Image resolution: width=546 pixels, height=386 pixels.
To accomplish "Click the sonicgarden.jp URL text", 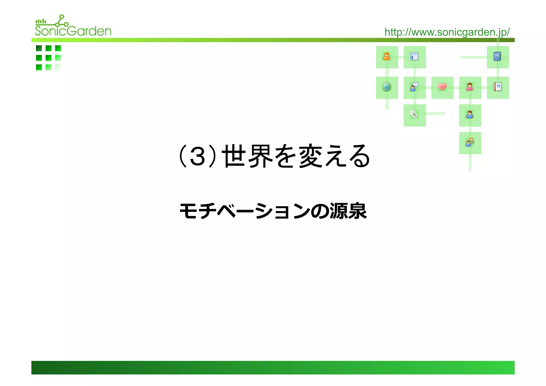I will (447, 32).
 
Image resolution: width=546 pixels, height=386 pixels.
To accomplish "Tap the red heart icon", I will (442, 87).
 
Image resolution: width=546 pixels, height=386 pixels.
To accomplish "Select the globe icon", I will (387, 87).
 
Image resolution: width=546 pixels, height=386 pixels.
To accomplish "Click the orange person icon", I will (387, 57).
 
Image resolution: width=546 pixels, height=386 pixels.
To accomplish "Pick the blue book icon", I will (497, 57).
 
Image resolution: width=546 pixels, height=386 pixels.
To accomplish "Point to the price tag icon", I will (414, 114).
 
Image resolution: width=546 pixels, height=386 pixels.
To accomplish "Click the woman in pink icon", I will (470, 87).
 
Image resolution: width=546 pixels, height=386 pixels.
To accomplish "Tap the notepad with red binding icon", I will (497, 87).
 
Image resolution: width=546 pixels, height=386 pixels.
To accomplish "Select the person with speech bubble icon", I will (414, 87).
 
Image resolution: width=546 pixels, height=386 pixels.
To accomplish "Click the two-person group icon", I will (470, 142).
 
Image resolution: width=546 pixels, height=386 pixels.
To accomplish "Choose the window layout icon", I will (414, 57).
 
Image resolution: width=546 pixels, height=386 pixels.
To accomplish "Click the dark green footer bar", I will (273, 367).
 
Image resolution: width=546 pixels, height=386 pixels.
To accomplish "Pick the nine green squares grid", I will (49, 58).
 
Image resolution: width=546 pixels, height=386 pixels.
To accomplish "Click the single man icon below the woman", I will (470, 115).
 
